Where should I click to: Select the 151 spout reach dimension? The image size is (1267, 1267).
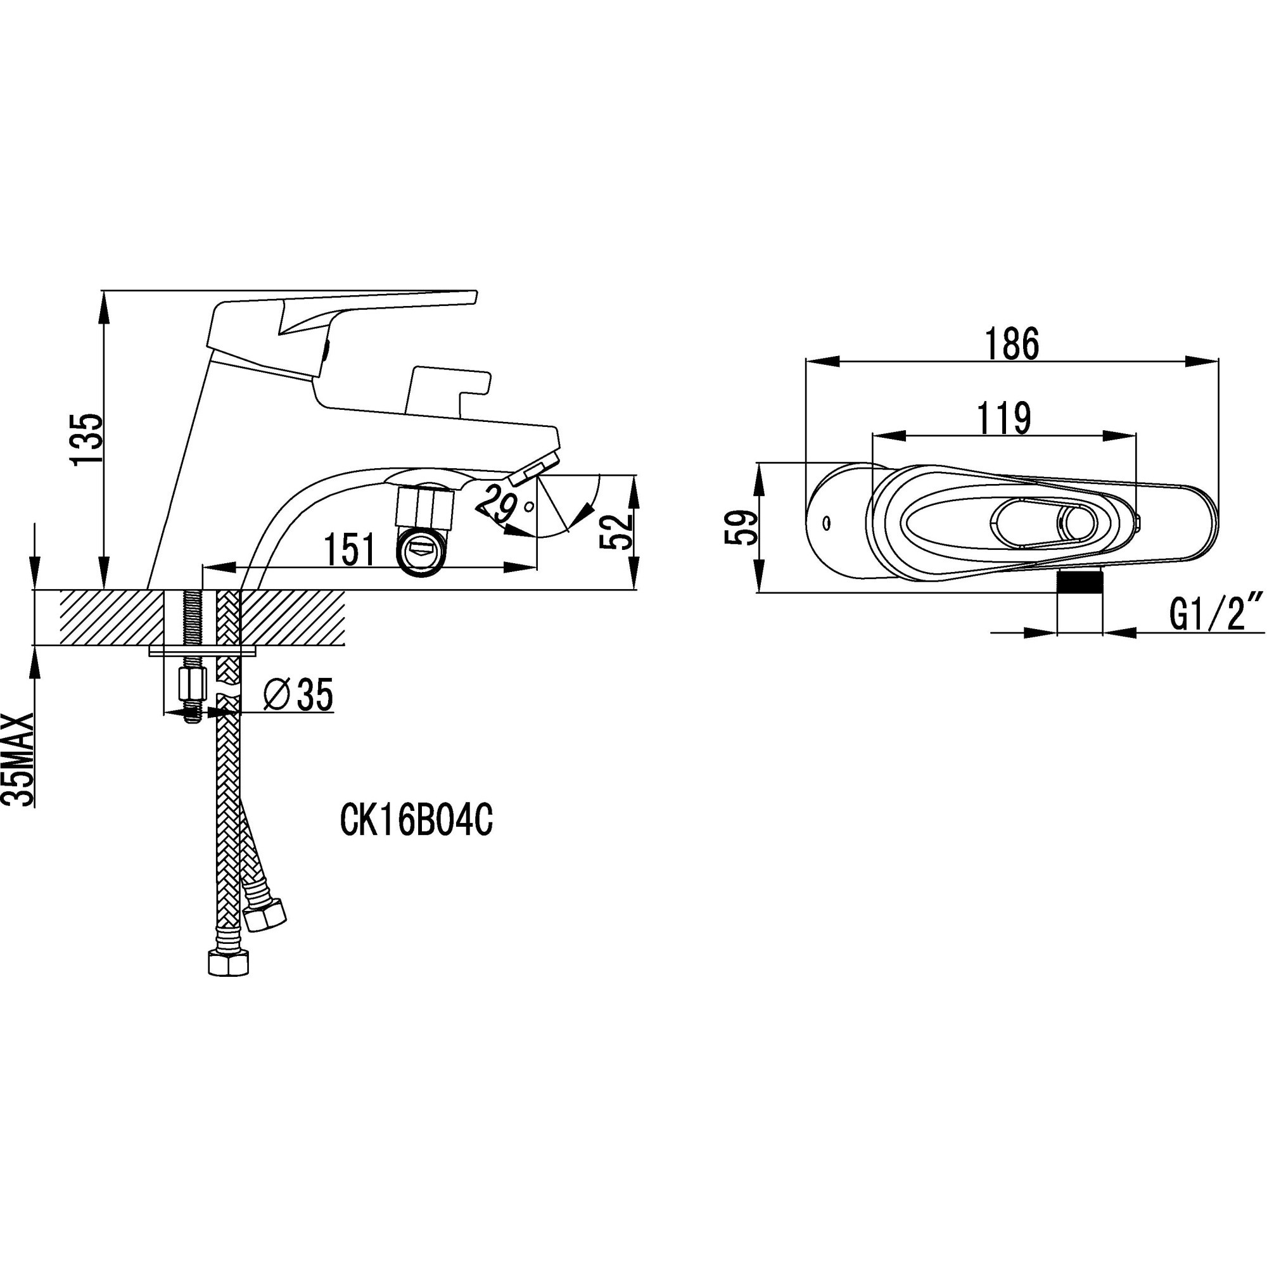click(x=350, y=549)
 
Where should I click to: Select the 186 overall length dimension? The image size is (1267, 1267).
click(x=1012, y=343)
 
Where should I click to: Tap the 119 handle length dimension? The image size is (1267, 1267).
click(x=1004, y=417)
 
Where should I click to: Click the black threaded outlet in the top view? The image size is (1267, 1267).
click(x=1080, y=580)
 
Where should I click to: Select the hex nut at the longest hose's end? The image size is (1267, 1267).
click(x=228, y=964)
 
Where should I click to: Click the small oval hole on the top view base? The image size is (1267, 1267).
click(x=826, y=523)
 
